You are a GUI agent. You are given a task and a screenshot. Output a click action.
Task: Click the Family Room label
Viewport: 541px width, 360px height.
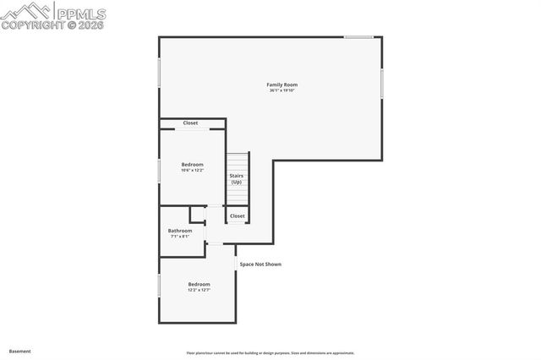pos(281,85)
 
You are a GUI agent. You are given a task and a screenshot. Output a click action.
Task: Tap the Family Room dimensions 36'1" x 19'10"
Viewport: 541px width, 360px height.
pos(281,90)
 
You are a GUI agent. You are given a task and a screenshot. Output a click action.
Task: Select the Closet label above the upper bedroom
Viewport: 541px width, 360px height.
pos(190,123)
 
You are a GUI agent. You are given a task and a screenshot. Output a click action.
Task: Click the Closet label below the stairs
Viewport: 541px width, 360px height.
pos(238,215)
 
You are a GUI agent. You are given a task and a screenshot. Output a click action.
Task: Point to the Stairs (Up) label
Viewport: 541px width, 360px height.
pos(237,178)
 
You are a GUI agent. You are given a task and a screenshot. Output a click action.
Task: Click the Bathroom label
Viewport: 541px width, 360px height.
pos(180,231)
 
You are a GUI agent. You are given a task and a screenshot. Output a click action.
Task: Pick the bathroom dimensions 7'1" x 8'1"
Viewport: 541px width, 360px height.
pos(180,237)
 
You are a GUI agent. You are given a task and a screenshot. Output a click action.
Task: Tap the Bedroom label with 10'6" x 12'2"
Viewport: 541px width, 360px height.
pos(193,164)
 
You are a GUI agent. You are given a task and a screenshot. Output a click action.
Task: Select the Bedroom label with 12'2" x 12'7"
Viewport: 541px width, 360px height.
pos(199,284)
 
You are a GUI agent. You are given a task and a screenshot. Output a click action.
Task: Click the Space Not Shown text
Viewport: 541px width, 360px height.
pos(260,265)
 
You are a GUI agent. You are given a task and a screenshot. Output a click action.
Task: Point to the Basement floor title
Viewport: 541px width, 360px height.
pos(19,351)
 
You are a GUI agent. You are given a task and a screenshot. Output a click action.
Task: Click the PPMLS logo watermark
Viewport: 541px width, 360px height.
pos(54,12)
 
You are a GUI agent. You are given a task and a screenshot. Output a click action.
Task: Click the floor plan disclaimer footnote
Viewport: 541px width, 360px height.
pos(270,353)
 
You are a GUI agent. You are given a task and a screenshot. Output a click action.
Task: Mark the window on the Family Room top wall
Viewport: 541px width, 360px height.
pos(358,36)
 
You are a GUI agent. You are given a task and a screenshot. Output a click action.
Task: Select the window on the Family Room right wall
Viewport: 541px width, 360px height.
pos(382,82)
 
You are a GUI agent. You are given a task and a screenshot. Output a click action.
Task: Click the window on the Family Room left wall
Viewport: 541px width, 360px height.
pos(159,73)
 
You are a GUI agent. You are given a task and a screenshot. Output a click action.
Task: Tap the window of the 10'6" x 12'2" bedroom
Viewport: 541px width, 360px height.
pos(159,170)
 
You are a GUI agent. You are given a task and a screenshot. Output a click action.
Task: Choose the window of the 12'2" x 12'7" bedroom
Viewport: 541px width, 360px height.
pos(159,285)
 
